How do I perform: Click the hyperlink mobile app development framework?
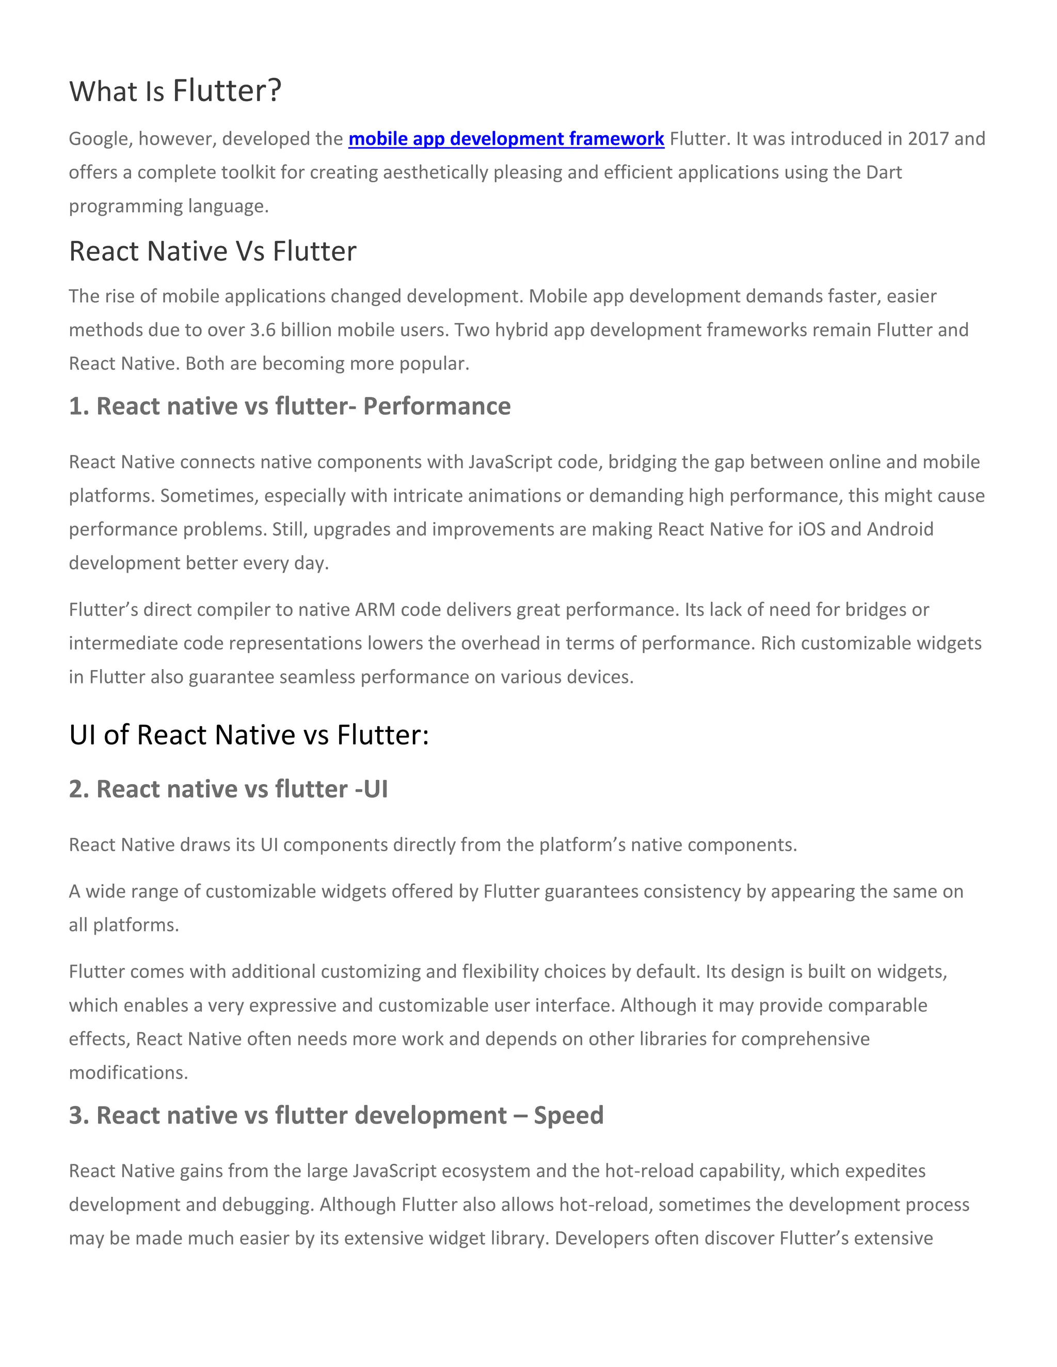506,138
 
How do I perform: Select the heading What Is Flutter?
175,91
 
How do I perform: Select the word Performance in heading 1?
437,406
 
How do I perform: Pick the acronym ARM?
375,610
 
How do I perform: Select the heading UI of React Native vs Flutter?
249,735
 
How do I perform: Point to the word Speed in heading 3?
569,1115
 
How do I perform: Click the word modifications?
129,1073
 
